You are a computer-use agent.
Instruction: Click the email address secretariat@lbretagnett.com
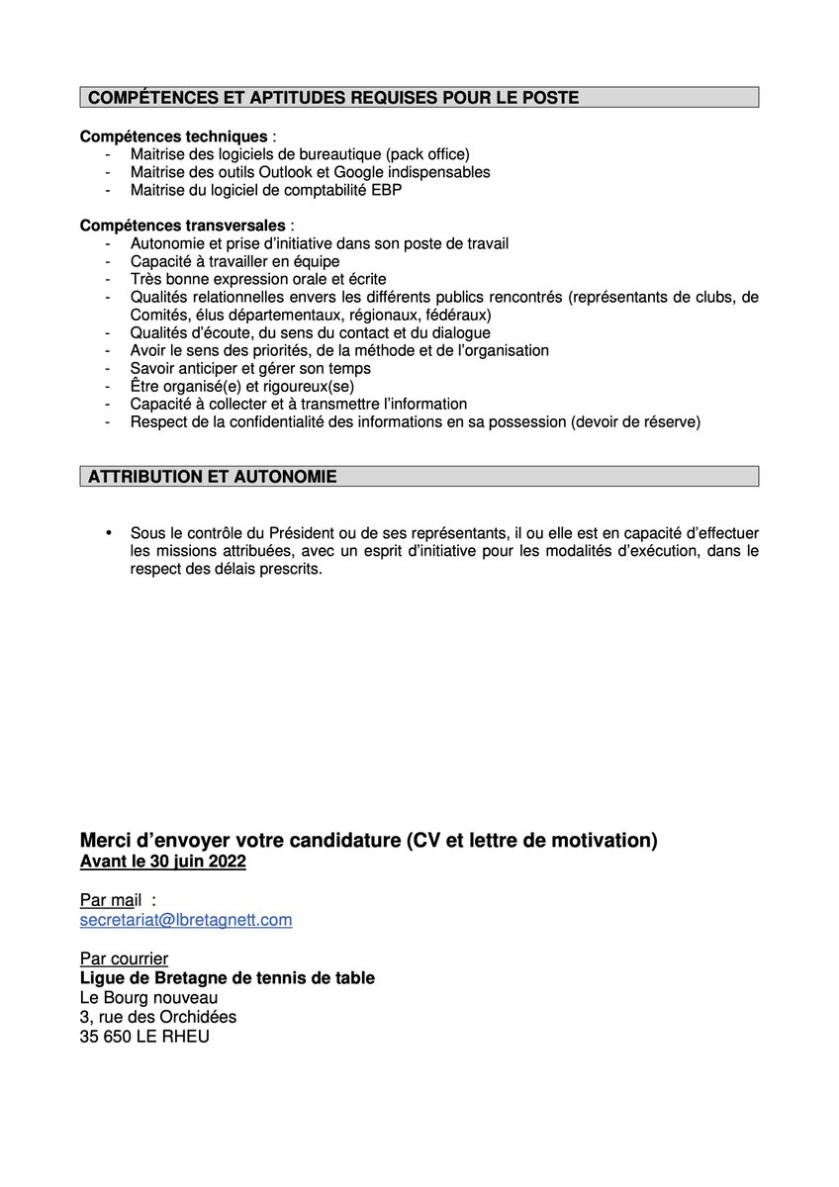[x=186, y=920]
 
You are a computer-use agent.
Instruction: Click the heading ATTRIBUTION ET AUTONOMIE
[x=213, y=477]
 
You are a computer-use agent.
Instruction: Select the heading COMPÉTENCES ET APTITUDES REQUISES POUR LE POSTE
[x=333, y=97]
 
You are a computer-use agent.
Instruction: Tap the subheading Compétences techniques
[x=173, y=137]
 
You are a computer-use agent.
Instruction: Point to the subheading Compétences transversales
[x=183, y=226]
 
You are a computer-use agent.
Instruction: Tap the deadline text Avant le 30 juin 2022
[x=163, y=863]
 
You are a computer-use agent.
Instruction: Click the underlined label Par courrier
[x=124, y=959]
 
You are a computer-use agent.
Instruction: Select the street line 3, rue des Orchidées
[x=158, y=1017]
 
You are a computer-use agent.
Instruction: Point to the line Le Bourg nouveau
[x=148, y=997]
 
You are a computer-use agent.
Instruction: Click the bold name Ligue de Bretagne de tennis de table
[x=228, y=978]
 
